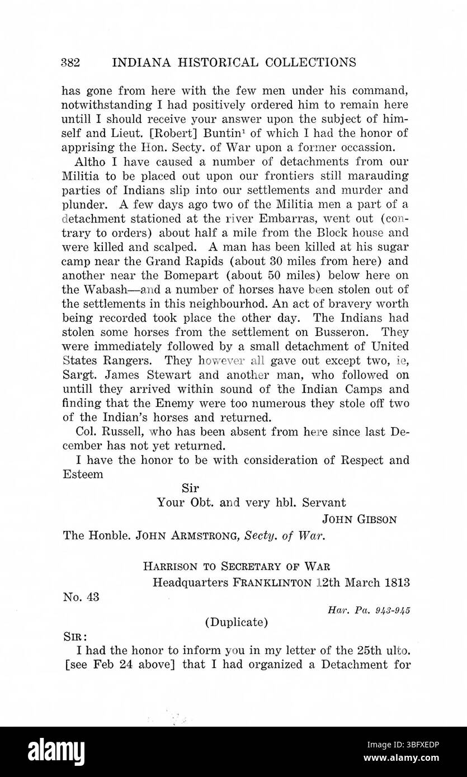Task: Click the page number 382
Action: (x=70, y=61)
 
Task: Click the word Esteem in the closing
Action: (x=83, y=474)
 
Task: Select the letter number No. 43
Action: (x=81, y=597)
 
